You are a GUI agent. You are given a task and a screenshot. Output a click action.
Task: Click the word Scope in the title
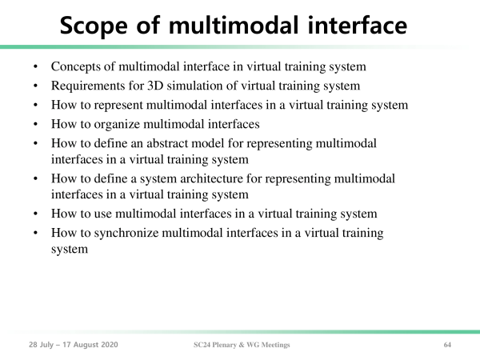94,26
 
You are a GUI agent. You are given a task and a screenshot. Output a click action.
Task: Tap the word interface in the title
358,25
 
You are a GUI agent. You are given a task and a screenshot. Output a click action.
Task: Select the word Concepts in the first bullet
76,67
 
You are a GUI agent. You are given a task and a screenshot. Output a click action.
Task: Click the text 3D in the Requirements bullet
155,86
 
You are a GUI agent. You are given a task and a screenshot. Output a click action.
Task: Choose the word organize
117,125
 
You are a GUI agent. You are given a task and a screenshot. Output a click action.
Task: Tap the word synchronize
126,234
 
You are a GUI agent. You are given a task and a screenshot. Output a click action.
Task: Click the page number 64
447,345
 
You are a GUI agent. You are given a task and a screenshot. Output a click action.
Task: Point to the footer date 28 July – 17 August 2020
74,345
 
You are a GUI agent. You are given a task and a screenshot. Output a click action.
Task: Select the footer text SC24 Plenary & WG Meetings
242,345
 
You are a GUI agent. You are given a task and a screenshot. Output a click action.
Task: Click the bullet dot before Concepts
35,66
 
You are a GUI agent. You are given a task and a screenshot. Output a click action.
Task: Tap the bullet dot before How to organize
35,124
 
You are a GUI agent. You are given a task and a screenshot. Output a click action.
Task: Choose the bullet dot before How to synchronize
35,233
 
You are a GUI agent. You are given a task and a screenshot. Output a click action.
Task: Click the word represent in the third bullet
118,106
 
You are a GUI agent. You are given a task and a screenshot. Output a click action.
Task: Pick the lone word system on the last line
70,250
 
